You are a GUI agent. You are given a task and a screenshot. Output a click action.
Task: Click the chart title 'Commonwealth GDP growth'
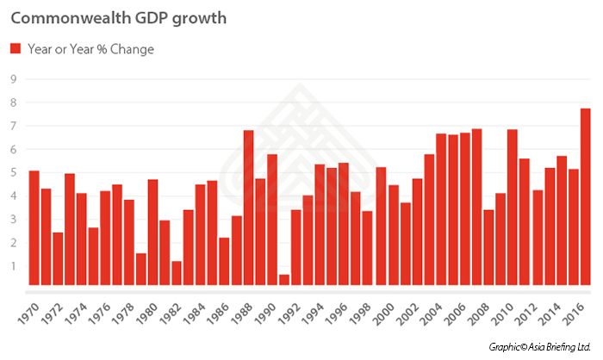pos(118,19)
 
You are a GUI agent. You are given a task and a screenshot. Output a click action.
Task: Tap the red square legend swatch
pos(15,49)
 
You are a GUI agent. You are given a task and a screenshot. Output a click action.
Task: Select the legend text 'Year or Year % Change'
pos(90,49)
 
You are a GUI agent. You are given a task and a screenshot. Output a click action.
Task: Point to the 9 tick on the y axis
pos(13,79)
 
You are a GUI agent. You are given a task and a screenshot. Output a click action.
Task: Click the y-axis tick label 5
pos(13,173)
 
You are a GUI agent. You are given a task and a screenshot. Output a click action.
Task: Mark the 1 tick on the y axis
pos(13,266)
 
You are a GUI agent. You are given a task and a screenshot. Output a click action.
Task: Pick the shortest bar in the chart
pos(284,279)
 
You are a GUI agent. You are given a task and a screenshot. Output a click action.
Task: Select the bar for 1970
pos(34,227)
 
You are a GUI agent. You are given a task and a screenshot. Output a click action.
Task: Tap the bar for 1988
pos(248,208)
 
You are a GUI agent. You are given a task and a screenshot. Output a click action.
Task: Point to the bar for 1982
pos(177,272)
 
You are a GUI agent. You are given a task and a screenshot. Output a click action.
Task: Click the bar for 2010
pos(513,207)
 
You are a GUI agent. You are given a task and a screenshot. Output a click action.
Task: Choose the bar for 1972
pos(58,258)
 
